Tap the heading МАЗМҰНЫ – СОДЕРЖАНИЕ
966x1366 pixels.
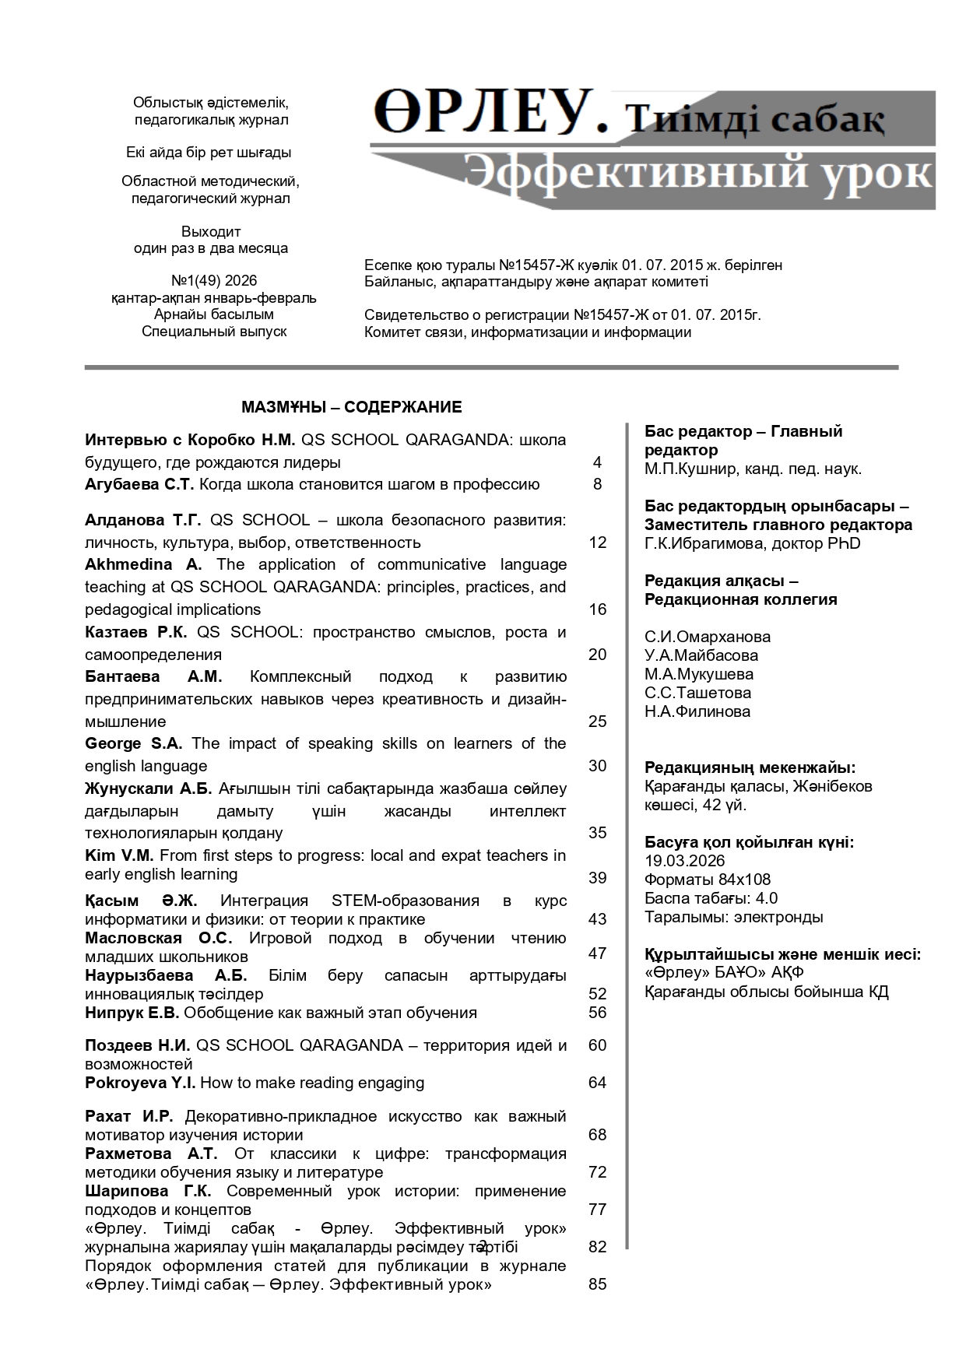pyautogui.click(x=351, y=407)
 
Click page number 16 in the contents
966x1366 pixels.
pyautogui.click(x=597, y=609)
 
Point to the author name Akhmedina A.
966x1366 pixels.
pyautogui.click(x=143, y=564)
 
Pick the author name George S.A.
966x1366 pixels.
pyautogui.click(x=133, y=743)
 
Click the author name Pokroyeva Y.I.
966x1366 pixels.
pyautogui.click(x=140, y=1083)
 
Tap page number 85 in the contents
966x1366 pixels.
pyautogui.click(x=597, y=1284)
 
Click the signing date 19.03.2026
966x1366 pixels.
pyautogui.click(x=684, y=861)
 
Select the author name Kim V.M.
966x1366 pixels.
pyautogui.click(x=119, y=855)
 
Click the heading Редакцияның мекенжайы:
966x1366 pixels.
pyautogui.click(x=750, y=767)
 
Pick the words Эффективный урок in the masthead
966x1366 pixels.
pyautogui.click(x=697, y=173)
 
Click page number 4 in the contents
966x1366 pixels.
pyautogui.click(x=597, y=462)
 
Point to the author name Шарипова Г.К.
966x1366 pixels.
pyautogui.click(x=148, y=1191)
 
